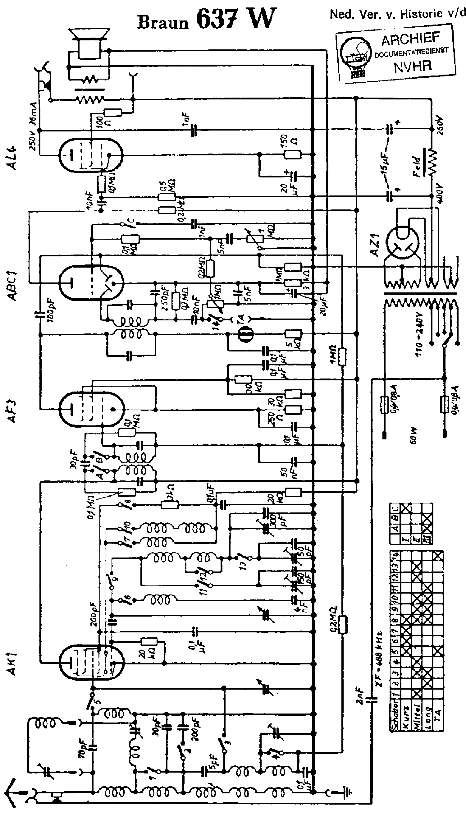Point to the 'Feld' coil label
tap(416, 167)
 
